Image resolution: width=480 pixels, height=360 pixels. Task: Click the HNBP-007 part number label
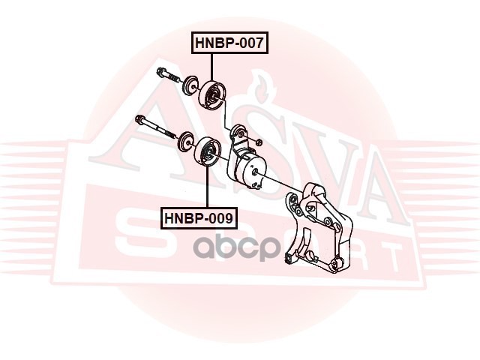pyautogui.click(x=229, y=43)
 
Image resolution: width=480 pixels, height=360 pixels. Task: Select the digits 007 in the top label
pyautogui.click(x=250, y=43)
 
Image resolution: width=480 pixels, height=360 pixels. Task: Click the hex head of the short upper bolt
pyautogui.click(x=161, y=73)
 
